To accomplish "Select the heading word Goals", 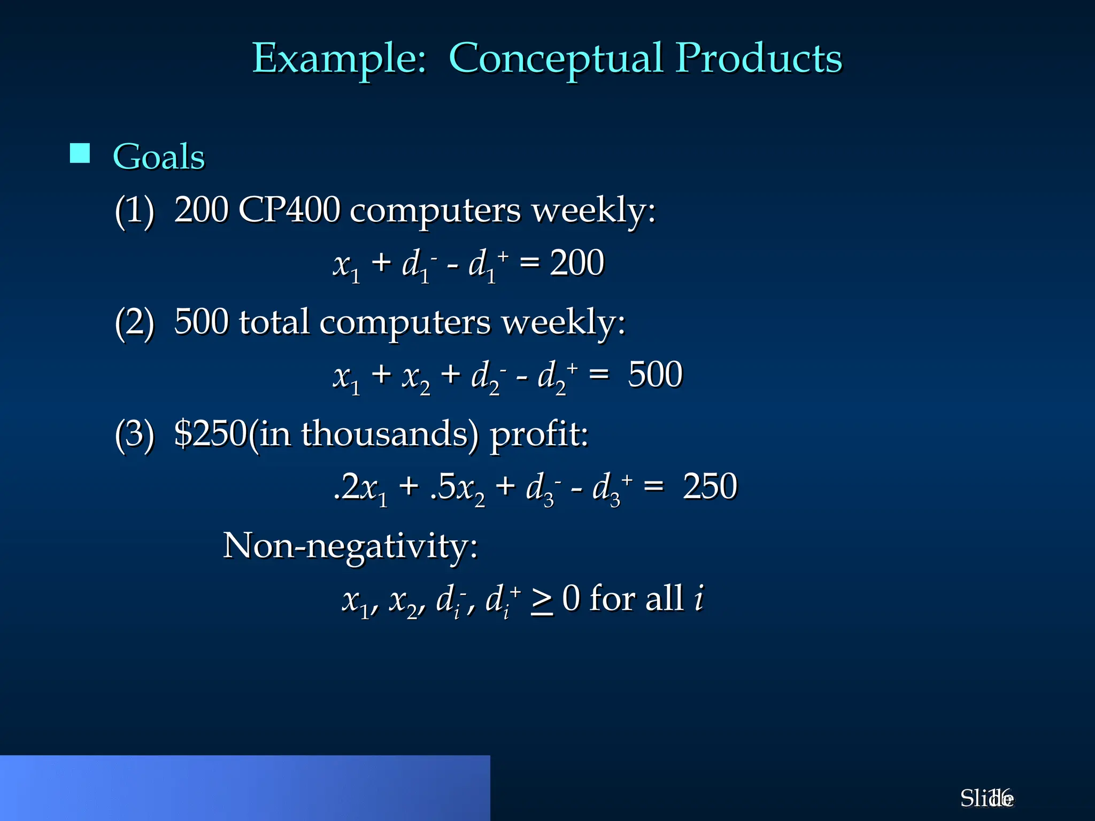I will (159, 157).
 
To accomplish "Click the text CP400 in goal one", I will (289, 210).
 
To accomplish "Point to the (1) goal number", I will (134, 211).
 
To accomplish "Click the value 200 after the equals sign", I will (577, 263).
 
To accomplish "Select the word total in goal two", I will (274, 322).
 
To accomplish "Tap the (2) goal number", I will (134, 323).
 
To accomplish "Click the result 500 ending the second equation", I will (655, 375).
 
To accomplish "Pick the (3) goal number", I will (134, 434).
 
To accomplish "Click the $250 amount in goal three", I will (210, 433).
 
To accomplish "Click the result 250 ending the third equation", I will (710, 486).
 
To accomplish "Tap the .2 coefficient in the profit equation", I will (346, 486).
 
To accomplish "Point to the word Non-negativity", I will (350, 546).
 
